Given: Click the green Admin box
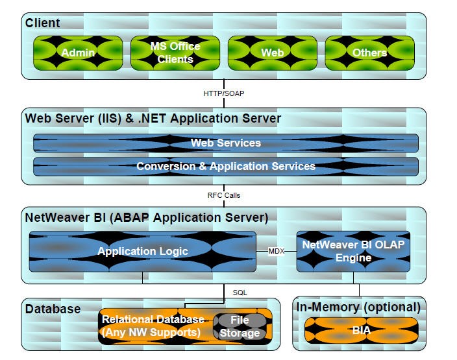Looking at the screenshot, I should tap(78, 53).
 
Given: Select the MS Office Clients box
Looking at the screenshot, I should tap(175, 53).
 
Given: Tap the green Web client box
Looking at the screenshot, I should tap(272, 53).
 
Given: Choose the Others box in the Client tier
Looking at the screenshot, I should tap(370, 53).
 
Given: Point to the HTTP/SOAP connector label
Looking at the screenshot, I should tap(224, 93).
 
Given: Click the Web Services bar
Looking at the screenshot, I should tap(225, 143).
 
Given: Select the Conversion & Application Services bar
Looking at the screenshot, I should tap(225, 166).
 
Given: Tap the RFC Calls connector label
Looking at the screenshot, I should tap(224, 195).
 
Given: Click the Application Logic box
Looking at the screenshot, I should tap(142, 251).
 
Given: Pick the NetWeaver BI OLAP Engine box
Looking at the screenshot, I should tap(354, 251).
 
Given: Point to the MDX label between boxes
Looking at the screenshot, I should tap(277, 251).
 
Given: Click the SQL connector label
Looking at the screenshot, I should tap(240, 293).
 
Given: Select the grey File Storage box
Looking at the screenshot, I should tap(240, 326).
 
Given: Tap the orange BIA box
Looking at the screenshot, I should tap(357, 330).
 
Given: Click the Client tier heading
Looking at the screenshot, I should tap(42, 23).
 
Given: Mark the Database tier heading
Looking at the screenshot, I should tap(53, 309).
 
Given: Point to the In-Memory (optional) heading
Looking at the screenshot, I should tap(358, 307).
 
